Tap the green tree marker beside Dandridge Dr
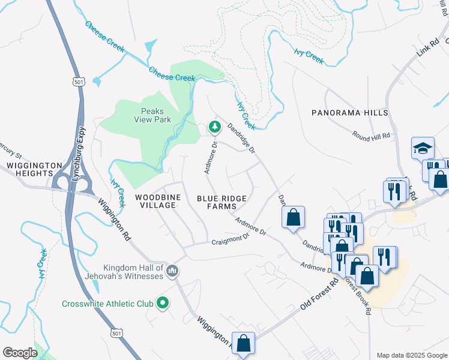214,127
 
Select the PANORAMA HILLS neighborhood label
349,113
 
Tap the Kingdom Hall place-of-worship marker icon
172,272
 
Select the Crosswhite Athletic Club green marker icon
162,304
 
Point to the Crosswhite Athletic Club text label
108,304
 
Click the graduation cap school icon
423,148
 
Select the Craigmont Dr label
231,241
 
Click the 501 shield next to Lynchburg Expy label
79,82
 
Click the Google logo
20,353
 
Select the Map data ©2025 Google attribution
411,355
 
